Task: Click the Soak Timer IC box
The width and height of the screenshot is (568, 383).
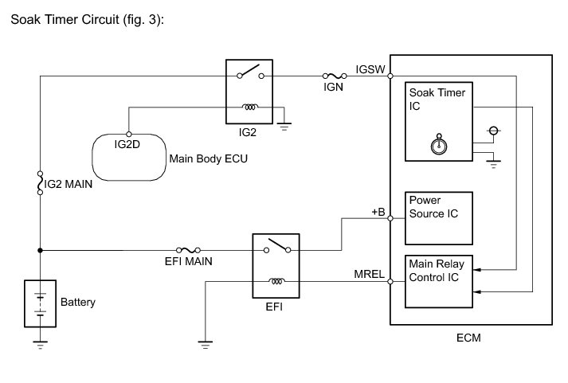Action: click(437, 119)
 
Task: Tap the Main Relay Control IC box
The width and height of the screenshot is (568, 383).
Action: click(437, 281)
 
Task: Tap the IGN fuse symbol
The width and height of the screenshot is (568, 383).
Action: click(333, 76)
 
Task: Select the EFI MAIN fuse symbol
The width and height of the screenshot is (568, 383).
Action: click(189, 249)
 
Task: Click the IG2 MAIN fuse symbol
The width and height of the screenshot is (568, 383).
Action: click(40, 184)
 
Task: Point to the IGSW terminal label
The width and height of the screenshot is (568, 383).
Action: click(370, 68)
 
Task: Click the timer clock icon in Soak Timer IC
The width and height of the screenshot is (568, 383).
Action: click(436, 145)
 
